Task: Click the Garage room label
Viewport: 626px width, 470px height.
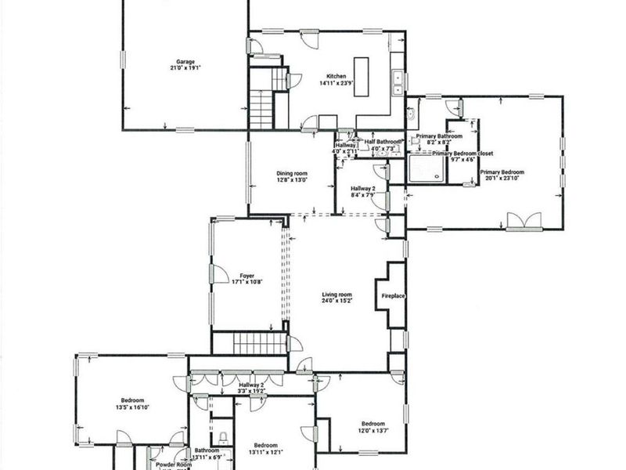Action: tap(185, 62)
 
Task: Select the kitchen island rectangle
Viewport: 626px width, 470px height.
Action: tap(362, 76)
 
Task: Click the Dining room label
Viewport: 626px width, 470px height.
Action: tap(291, 173)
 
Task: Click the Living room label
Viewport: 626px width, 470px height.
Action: tap(337, 295)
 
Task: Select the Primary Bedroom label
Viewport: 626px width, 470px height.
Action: tap(502, 172)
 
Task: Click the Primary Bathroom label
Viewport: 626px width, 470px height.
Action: tap(439, 136)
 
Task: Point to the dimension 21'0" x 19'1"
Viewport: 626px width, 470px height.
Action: tap(185, 69)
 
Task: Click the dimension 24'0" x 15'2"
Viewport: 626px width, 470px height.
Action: tap(337, 302)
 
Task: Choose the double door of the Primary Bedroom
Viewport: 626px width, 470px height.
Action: tap(518, 222)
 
